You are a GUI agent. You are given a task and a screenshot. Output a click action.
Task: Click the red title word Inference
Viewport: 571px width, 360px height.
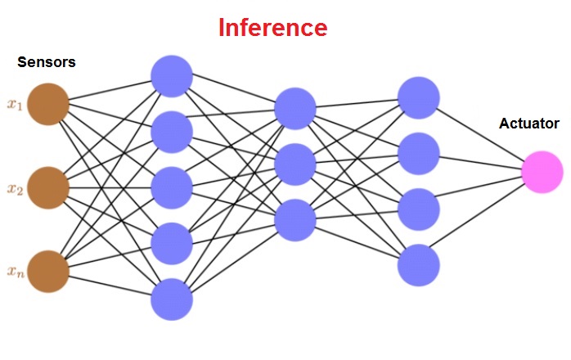(272, 29)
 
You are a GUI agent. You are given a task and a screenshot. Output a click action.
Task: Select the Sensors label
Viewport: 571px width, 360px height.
(47, 62)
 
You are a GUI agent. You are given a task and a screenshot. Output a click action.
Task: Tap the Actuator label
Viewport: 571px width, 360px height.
(528, 124)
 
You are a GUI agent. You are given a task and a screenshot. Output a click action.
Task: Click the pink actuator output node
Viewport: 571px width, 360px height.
(542, 172)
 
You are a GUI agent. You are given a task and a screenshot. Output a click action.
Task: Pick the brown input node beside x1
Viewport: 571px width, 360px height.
(47, 104)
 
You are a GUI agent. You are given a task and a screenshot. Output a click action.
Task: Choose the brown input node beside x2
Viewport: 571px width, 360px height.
(47, 188)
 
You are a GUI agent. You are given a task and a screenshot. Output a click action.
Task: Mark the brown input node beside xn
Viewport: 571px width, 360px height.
(47, 272)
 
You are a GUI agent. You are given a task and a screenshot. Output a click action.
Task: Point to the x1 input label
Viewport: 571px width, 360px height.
(14, 104)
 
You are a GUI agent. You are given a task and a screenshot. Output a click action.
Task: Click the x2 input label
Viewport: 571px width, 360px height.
(14, 189)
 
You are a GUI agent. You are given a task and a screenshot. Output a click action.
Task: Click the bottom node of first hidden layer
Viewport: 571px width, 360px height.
(172, 299)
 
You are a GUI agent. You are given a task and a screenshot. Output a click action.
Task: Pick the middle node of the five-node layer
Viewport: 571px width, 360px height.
(172, 187)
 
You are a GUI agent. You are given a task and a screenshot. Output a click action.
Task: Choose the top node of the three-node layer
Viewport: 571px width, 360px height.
(295, 107)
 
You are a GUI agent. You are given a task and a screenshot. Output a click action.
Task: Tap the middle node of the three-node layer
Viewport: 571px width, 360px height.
(295, 164)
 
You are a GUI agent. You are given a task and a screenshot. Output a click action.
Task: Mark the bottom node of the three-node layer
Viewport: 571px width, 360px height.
(295, 220)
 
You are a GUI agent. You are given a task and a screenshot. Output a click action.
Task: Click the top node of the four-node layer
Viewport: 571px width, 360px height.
(419, 97)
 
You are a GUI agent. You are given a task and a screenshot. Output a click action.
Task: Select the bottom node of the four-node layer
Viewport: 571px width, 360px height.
(419, 264)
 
